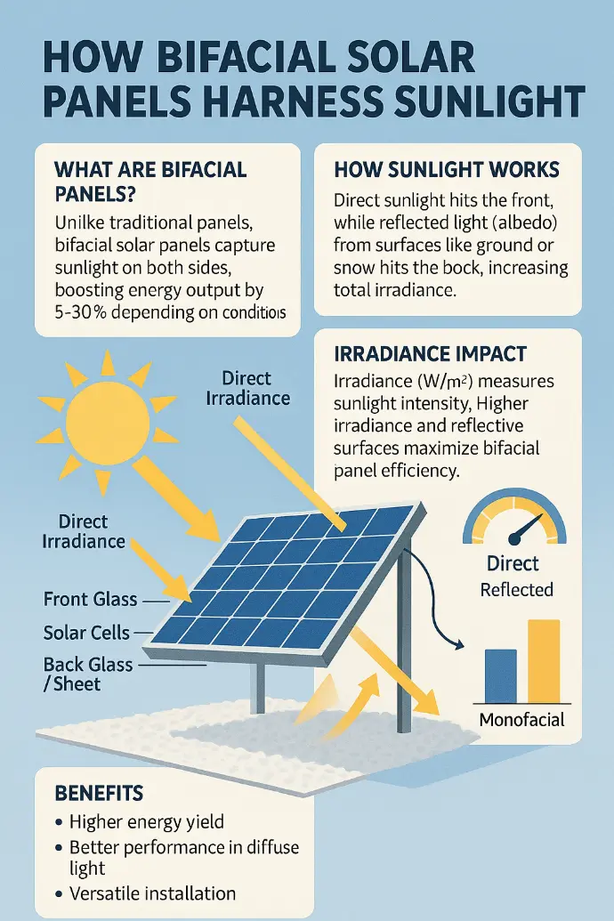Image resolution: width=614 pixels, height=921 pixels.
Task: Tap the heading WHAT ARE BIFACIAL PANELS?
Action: (150, 182)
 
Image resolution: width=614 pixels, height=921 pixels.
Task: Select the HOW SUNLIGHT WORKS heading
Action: (447, 170)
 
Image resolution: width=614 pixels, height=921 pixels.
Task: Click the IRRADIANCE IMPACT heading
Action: (430, 353)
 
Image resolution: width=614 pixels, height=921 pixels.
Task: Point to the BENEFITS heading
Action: (99, 793)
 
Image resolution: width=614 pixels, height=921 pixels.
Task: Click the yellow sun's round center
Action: (108, 421)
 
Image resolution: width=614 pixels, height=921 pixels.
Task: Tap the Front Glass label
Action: (91, 599)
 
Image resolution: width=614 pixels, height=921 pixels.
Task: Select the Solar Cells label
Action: (86, 633)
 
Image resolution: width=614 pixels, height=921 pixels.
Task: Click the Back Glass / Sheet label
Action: (88, 675)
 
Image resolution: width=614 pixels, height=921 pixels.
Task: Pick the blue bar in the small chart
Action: (501, 676)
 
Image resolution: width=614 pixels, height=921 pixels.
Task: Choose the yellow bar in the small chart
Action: (544, 661)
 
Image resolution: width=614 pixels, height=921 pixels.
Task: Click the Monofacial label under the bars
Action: (521, 720)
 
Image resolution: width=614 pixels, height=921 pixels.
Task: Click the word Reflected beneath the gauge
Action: (516, 589)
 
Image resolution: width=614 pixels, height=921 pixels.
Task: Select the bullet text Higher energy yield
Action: (146, 821)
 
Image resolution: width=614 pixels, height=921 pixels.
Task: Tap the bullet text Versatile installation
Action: (153, 893)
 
